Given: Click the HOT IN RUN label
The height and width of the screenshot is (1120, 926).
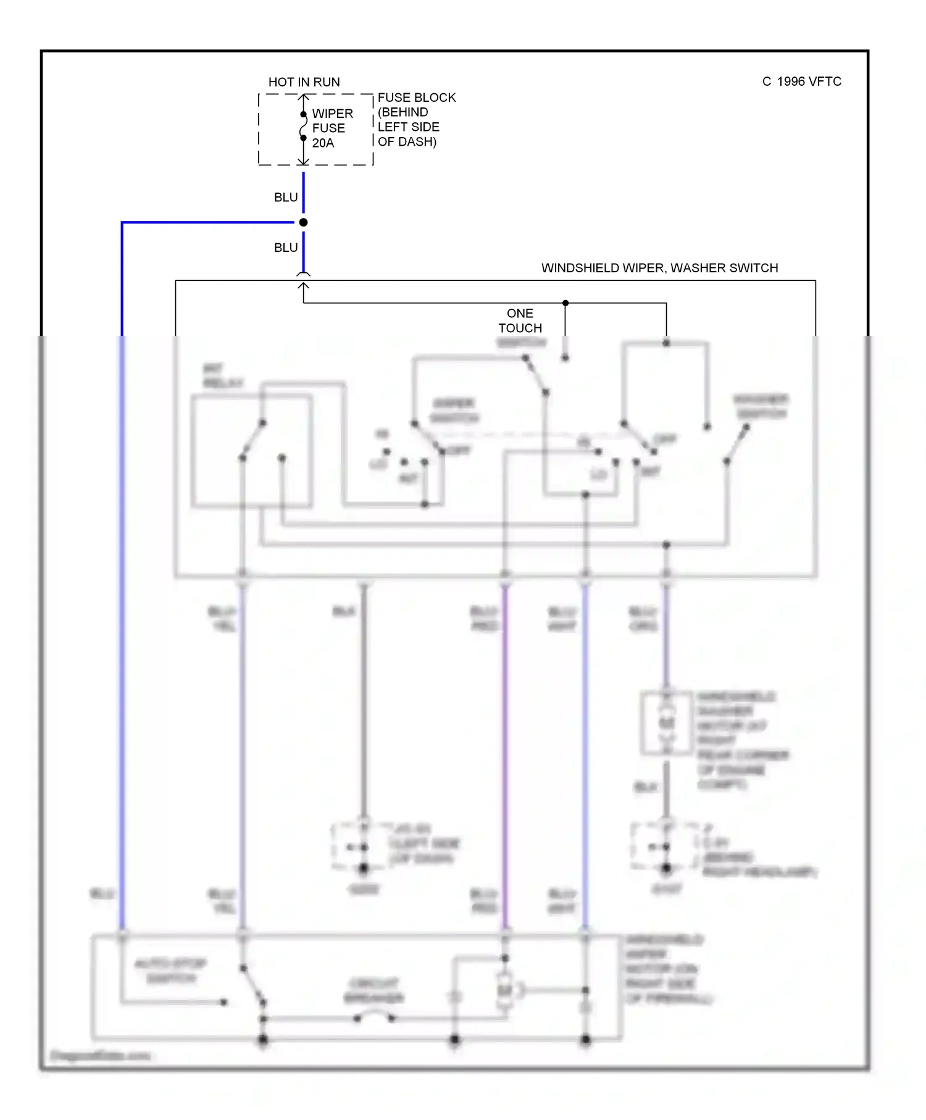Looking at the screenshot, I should point(304,82).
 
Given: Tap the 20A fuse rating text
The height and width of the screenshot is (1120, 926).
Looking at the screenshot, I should point(323,143).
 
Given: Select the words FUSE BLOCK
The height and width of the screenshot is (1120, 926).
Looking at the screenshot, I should point(417,98).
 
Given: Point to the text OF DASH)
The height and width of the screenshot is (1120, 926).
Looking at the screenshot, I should point(407,141).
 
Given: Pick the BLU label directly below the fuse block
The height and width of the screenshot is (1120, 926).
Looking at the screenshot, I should point(286,197).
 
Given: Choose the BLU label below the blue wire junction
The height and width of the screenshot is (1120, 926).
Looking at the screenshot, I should point(286,248).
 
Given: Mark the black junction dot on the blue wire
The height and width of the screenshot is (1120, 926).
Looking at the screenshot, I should point(304,222).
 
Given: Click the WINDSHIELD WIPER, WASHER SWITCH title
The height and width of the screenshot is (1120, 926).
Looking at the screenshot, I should point(659,268).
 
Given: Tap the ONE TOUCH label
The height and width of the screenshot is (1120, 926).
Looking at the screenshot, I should point(520,320).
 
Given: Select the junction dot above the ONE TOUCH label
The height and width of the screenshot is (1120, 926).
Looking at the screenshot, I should point(565,303).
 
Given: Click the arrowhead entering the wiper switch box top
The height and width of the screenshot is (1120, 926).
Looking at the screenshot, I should point(304,286).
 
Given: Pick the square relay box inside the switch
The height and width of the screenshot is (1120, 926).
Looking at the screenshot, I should point(251,451).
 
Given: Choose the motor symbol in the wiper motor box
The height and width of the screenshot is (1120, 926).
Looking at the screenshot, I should point(506,990).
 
